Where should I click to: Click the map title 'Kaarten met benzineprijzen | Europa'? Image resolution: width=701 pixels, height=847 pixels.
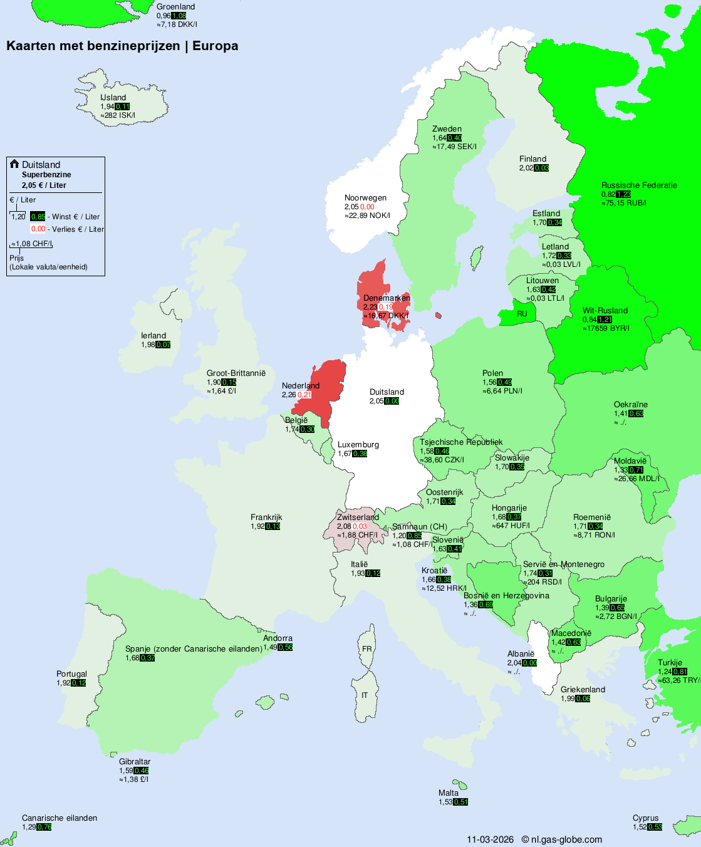(x=122, y=46)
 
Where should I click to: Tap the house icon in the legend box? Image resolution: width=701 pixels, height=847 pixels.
(x=14, y=164)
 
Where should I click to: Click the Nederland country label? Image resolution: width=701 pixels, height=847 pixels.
(x=301, y=386)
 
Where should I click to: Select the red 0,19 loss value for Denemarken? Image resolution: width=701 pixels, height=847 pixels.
(x=386, y=307)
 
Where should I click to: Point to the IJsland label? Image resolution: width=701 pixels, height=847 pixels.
(x=113, y=98)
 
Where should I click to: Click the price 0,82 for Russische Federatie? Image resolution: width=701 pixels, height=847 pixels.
(x=608, y=194)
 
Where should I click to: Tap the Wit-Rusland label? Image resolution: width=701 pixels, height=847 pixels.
(x=605, y=311)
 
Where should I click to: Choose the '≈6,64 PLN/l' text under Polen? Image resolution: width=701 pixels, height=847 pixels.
(x=502, y=391)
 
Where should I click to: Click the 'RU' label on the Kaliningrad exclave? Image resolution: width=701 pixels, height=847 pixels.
(x=522, y=314)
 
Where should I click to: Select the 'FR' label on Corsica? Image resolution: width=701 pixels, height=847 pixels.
(x=366, y=649)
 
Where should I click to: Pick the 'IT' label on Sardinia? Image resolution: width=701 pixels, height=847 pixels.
(x=365, y=695)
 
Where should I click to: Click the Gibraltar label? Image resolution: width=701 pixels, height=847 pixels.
(x=135, y=762)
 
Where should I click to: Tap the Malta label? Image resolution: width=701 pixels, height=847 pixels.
(x=449, y=793)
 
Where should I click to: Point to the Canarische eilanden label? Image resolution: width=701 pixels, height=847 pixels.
(x=60, y=818)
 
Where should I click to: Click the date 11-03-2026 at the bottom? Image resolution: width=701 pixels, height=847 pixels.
(x=490, y=839)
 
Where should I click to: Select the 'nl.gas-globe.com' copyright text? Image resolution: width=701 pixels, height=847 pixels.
(x=566, y=839)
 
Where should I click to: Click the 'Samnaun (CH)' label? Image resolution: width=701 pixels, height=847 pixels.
(x=420, y=527)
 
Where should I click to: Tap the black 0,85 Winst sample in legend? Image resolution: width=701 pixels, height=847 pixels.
(x=38, y=217)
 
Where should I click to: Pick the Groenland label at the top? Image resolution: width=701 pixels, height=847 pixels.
(x=175, y=7)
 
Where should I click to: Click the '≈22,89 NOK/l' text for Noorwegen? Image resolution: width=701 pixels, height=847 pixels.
(x=367, y=216)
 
